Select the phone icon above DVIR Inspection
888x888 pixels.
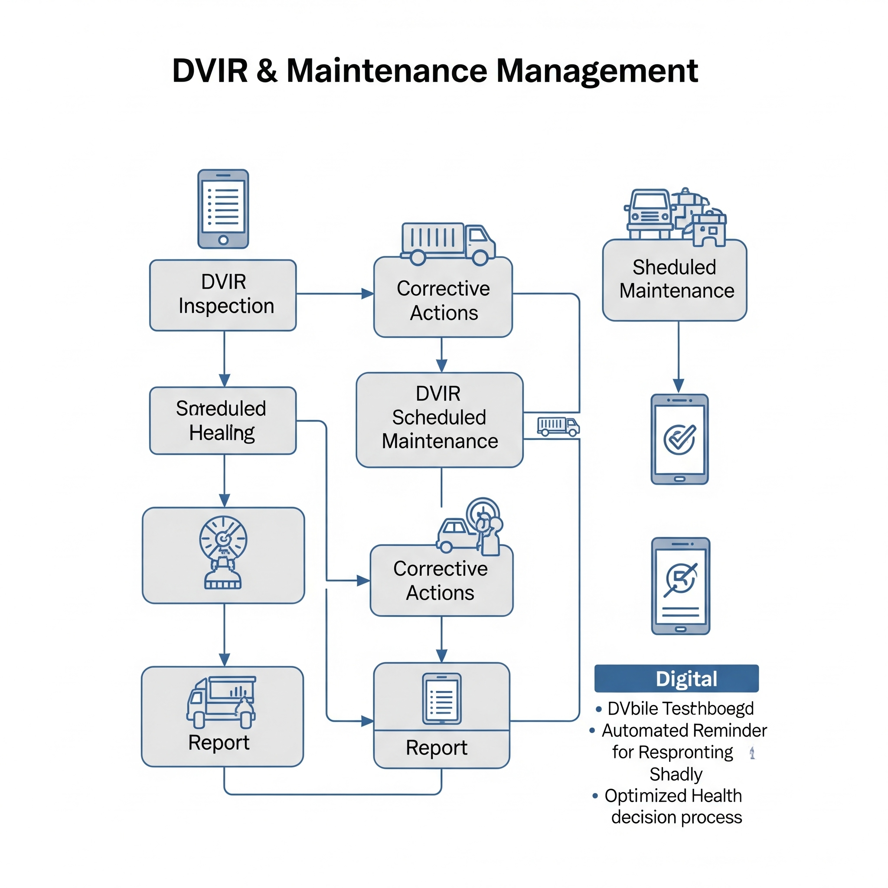click(223, 209)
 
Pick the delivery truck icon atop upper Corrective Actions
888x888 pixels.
click(448, 244)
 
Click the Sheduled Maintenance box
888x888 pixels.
click(674, 280)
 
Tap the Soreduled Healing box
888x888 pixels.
click(223, 421)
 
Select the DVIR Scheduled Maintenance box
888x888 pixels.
click(439, 420)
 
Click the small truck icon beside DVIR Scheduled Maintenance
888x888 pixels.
click(558, 426)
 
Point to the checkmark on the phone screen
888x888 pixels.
click(680, 439)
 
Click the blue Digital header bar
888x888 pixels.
click(676, 679)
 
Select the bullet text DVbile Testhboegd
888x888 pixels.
click(680, 708)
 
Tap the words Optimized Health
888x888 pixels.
click(673, 796)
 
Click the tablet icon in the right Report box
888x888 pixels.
click(442, 698)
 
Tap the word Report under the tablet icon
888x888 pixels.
click(437, 748)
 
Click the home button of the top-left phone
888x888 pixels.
click(223, 240)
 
